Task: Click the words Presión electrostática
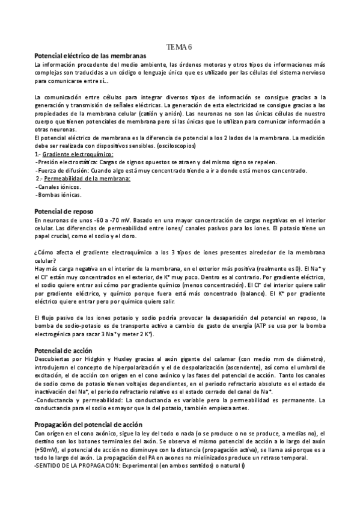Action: [x=64, y=162]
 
